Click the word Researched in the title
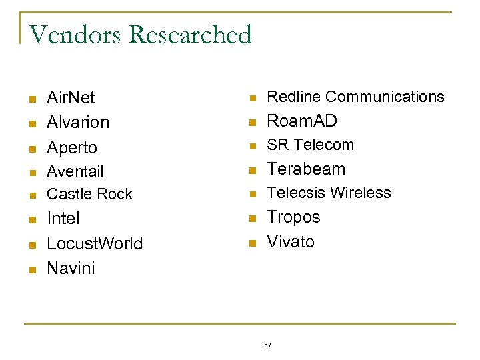point(189,35)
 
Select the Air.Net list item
point(71,98)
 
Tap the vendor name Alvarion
point(78,123)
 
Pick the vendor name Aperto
point(72,147)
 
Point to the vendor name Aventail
point(75,171)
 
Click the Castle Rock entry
point(89,194)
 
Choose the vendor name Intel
point(63,219)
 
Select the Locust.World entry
point(95,243)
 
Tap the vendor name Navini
point(71,268)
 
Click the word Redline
point(294,97)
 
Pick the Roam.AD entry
point(302,121)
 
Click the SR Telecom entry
point(311,145)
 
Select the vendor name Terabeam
point(306,169)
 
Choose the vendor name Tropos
point(293,217)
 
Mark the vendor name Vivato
point(291,241)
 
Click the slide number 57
point(267,345)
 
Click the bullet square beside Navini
point(31,269)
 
